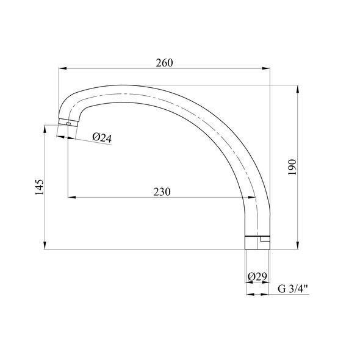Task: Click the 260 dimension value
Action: click(x=164, y=63)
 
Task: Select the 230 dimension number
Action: click(x=162, y=192)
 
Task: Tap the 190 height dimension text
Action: click(x=292, y=167)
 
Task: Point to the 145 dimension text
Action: click(x=39, y=187)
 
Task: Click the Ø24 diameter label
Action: click(x=102, y=137)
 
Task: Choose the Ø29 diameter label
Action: click(x=257, y=276)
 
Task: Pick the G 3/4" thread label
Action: click(x=293, y=289)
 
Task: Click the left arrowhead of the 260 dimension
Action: click(x=63, y=68)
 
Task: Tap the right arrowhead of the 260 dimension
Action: click(x=266, y=68)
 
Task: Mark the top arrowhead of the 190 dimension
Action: click(x=298, y=89)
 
